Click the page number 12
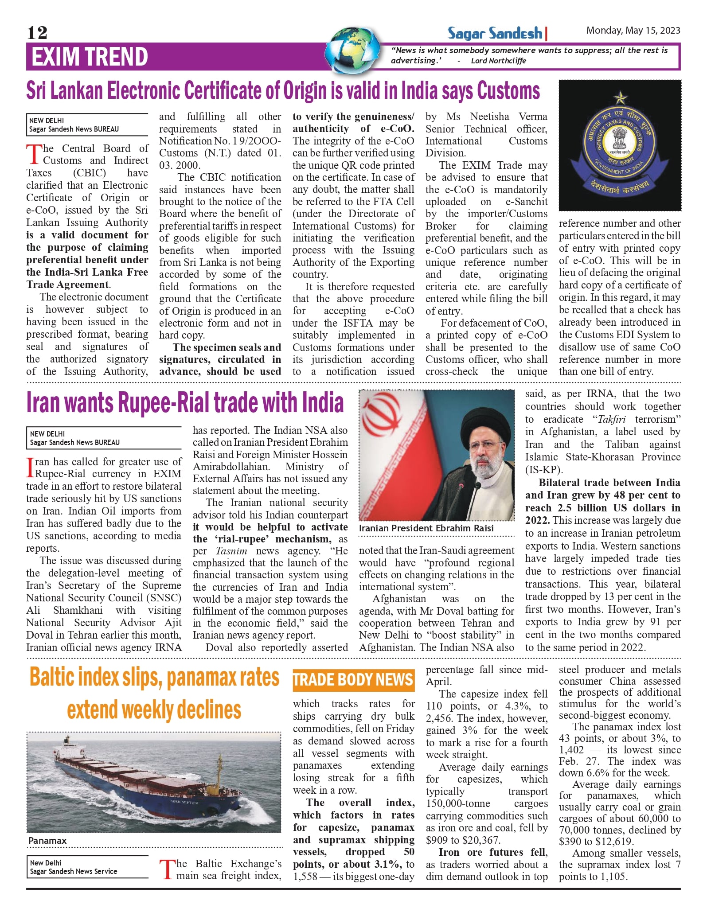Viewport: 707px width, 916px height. click(37, 32)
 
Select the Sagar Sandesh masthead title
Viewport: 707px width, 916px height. click(495, 33)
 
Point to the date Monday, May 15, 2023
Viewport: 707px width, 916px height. click(633, 31)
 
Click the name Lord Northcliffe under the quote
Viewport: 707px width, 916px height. click(498, 61)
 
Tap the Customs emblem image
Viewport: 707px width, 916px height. click(619, 145)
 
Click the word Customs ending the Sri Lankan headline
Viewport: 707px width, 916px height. click(508, 91)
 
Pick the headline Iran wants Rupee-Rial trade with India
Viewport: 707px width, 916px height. click(185, 402)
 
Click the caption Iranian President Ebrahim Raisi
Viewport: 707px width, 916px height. click(426, 528)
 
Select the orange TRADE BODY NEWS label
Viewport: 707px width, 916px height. click(353, 680)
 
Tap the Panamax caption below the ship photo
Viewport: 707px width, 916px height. click(47, 841)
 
